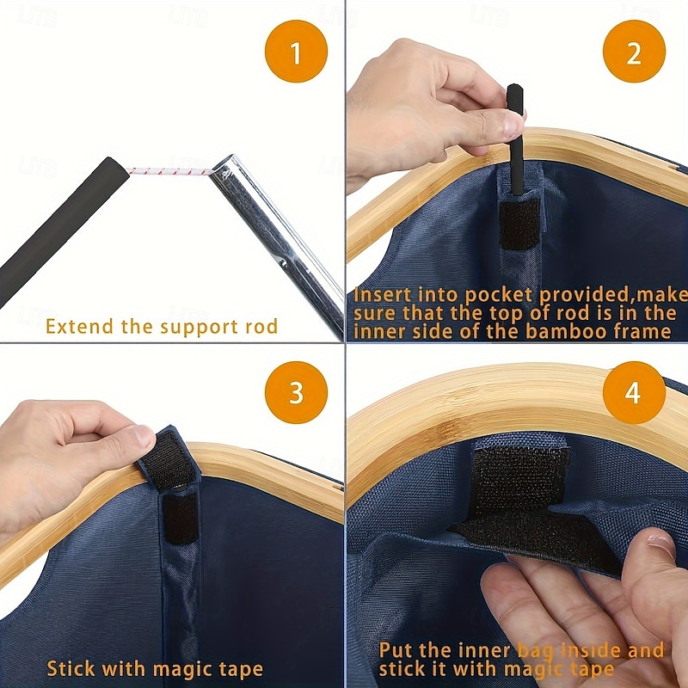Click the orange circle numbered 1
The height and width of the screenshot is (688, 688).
tap(296, 52)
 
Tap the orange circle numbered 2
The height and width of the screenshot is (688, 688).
tap(634, 52)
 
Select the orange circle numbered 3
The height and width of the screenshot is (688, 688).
tap(296, 392)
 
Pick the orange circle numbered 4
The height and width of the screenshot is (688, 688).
tap(634, 392)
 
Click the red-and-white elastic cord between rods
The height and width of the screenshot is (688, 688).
tap(169, 171)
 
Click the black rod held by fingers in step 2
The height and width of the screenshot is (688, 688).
tap(515, 140)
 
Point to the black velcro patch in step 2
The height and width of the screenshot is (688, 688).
tap(519, 224)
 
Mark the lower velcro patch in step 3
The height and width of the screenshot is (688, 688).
tap(181, 519)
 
